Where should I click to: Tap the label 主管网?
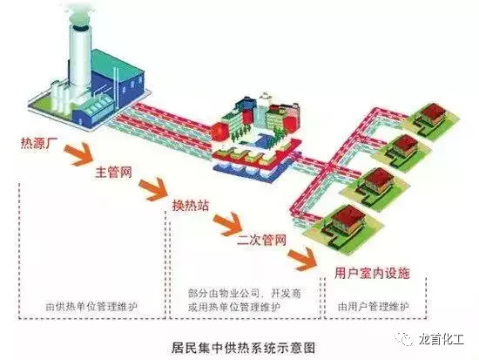coord(113,172)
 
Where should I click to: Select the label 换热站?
coord(191,205)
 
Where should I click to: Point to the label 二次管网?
coord(262,239)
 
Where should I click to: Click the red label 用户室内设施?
coord(372,273)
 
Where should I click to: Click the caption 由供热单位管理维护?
coord(91,307)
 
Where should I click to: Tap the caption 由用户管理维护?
coord(374,306)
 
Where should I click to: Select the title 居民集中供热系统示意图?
coord(243,348)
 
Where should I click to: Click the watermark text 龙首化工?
coord(441,339)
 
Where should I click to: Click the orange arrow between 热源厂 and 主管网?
coord(78,153)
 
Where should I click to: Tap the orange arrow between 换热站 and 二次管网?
coord(227,223)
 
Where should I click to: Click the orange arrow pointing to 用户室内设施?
coord(303,259)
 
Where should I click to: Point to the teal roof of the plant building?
coord(117,65)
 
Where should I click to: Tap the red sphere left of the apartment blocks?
coord(220,132)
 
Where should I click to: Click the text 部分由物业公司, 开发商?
coord(245,294)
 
